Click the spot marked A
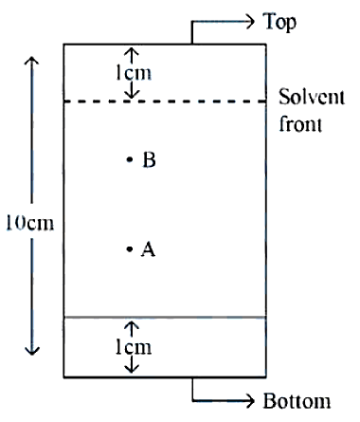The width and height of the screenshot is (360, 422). tap(130, 249)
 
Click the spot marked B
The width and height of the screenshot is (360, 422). tap(130, 159)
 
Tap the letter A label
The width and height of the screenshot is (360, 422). tap(148, 249)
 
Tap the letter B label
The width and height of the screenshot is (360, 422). tap(149, 159)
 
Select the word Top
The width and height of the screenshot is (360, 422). tap(279, 22)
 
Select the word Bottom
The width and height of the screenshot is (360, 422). tap(297, 401)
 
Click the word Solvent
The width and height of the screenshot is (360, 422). tap(312, 97)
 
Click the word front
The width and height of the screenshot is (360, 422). tap(300, 123)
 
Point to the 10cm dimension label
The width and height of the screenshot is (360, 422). tap(30, 223)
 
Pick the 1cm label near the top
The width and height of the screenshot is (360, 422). tap(134, 73)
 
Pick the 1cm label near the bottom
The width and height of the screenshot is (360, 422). tap(134, 347)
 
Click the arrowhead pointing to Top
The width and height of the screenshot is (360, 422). tap(250, 22)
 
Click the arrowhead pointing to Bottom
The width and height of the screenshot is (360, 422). tap(250, 401)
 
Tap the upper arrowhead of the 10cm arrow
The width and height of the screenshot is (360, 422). tap(31, 60)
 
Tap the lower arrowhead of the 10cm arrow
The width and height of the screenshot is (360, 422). tap(31, 351)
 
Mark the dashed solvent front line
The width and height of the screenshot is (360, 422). tap(165, 101)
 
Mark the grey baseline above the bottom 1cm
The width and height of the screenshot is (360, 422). tap(165, 317)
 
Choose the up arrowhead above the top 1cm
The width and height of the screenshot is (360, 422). tap(131, 51)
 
